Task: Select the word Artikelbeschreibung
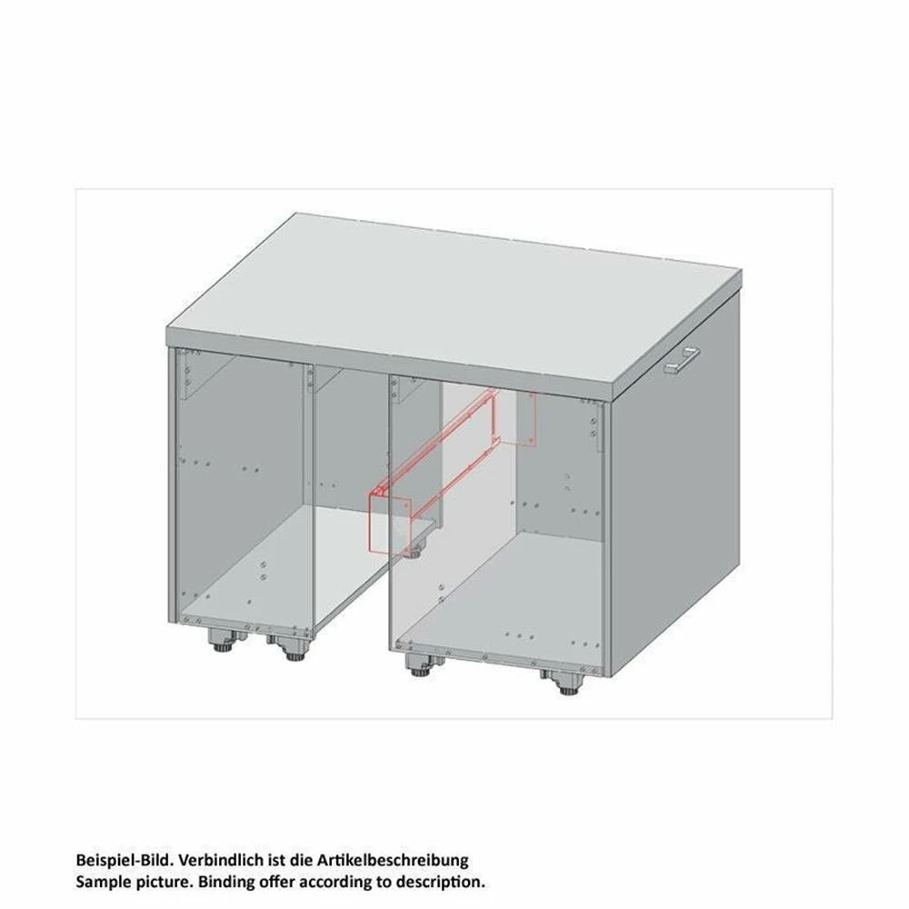393,860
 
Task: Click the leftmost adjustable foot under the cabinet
223,641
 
